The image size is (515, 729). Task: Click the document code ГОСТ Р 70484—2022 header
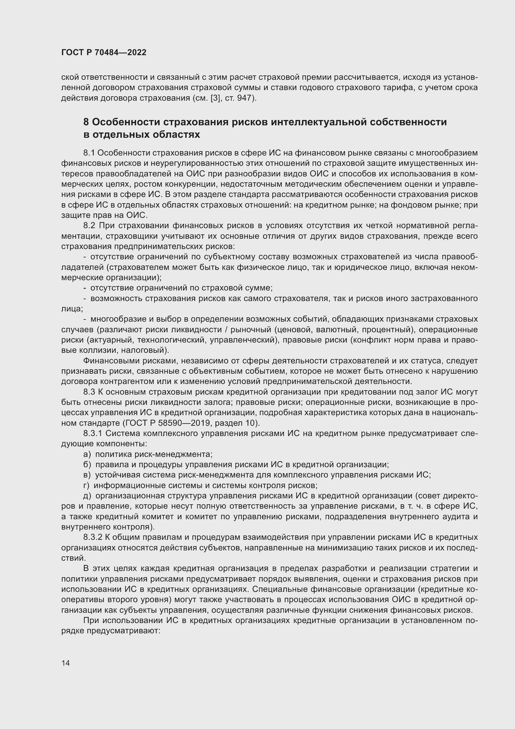(104, 53)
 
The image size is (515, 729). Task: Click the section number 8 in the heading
(86, 122)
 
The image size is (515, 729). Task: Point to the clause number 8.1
(89, 153)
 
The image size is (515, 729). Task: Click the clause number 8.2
(89, 226)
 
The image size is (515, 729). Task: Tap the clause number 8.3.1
(92, 434)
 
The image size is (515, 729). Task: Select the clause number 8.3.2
(92, 537)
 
